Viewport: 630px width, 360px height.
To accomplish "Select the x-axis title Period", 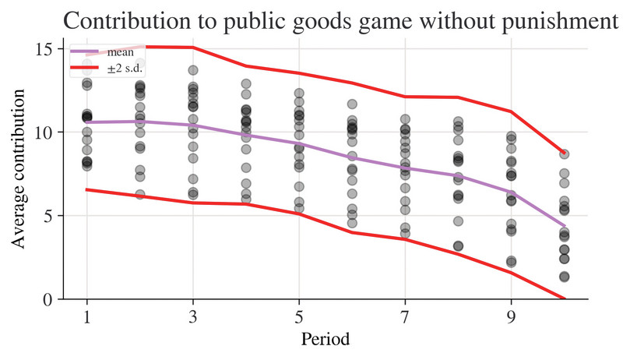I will tap(325, 341).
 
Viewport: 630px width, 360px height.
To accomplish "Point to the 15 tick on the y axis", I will tap(44, 49).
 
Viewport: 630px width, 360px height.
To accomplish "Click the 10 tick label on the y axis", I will tap(44, 132).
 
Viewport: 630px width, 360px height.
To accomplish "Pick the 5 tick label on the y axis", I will tap(48, 216).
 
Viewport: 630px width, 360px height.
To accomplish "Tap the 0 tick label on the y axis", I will tap(48, 299).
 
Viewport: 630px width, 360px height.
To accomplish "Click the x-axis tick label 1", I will tap(86, 317).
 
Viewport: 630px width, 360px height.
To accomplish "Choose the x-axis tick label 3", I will tap(192, 317).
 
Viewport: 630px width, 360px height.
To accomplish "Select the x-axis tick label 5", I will tap(299, 317).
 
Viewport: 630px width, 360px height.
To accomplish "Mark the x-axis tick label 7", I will tap(405, 317).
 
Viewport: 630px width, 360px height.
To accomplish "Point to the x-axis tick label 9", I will tap(511, 317).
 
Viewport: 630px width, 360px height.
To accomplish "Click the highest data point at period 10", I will tap(564, 154).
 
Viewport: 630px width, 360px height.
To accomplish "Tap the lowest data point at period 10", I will tap(564, 277).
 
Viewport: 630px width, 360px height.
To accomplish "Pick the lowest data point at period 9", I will tap(511, 262).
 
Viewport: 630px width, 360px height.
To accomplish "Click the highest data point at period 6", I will tap(352, 104).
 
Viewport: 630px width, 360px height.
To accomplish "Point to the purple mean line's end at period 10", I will tap(564, 227).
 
